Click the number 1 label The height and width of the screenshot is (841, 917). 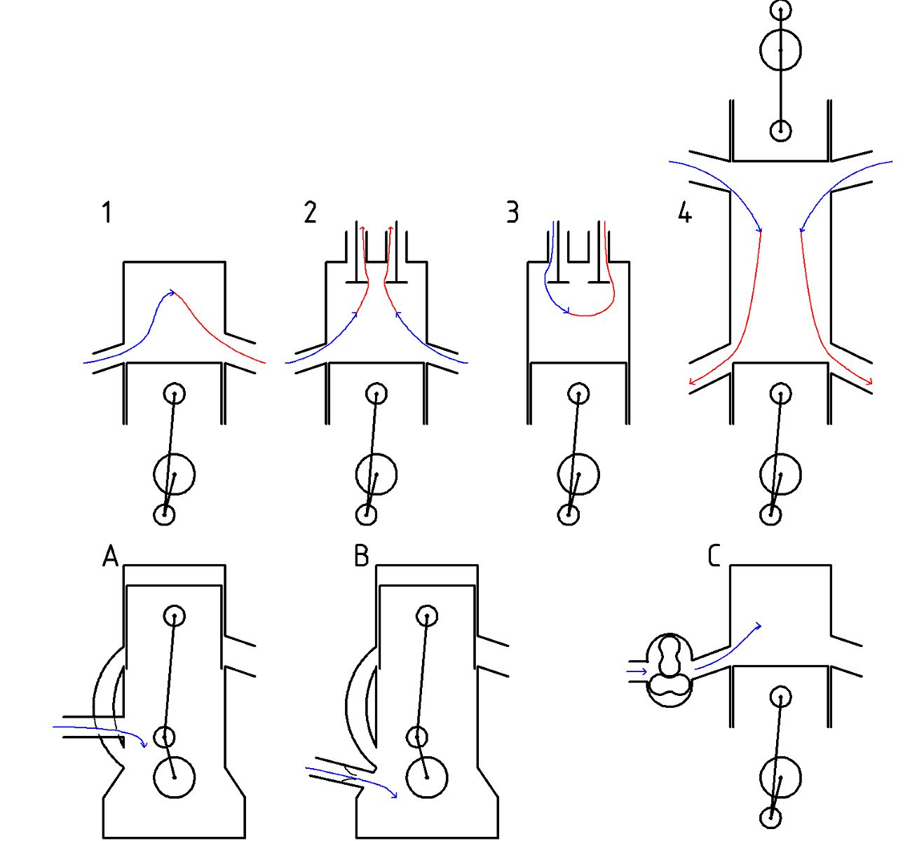[107, 212]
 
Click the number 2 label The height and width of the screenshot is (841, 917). [310, 212]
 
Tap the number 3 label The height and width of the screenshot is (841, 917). [512, 212]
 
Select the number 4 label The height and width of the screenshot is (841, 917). [685, 212]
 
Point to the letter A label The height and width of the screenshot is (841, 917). [111, 556]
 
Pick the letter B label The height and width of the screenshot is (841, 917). [361, 556]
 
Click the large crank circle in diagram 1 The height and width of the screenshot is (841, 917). [174, 474]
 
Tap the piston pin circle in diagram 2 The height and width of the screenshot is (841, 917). [376, 393]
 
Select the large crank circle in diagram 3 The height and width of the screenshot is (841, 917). [578, 474]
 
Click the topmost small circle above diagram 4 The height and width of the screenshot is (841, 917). [780, 10]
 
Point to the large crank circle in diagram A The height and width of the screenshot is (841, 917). [174, 777]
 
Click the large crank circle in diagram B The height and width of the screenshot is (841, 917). [427, 777]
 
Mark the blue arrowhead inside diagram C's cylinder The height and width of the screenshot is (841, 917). [758, 625]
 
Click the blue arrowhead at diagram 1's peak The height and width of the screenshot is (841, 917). [170, 294]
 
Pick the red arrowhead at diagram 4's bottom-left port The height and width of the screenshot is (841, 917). [692, 383]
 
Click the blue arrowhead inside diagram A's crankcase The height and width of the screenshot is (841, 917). [144, 744]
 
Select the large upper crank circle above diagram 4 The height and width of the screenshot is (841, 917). [780, 50]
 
